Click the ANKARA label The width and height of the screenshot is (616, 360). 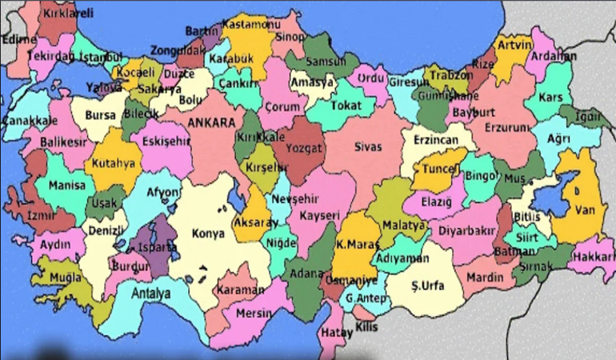(212, 122)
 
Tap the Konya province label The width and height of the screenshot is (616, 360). (210, 234)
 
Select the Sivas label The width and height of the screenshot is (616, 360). (369, 146)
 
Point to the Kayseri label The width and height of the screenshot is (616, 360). (319, 215)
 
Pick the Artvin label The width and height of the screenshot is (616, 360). (514, 45)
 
